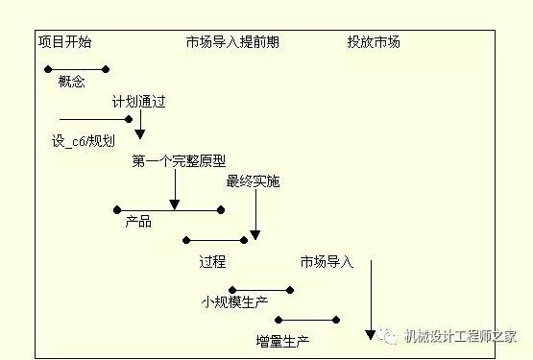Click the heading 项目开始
tap(65, 42)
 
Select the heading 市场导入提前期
tap(232, 42)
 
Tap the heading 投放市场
tap(374, 42)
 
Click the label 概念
tap(72, 84)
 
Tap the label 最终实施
tap(253, 181)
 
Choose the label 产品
tap(138, 223)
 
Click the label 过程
tap(212, 261)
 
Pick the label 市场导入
tap(327, 261)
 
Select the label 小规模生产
tap(233, 301)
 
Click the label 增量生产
tap(283, 340)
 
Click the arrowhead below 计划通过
tap(140, 133)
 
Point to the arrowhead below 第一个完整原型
tap(174, 204)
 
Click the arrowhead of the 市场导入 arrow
tap(371, 334)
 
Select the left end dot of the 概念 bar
tap(46, 68)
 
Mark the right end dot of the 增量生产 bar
tap(337, 320)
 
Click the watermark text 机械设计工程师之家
tap(467, 335)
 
